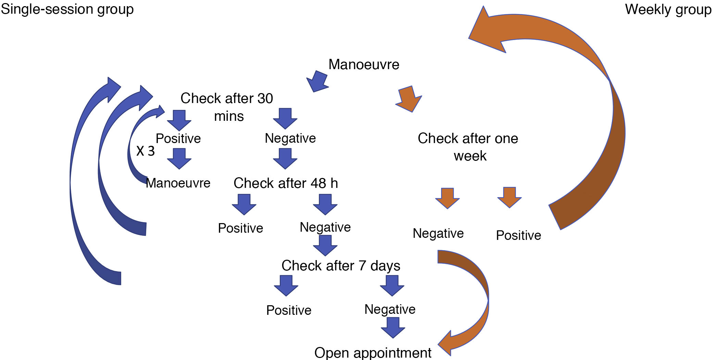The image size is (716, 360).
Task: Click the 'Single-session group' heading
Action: click(x=67, y=9)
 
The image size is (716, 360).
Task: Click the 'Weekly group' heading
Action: click(x=668, y=10)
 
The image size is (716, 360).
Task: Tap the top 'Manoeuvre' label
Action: click(x=364, y=64)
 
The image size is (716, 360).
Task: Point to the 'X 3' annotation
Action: click(x=146, y=151)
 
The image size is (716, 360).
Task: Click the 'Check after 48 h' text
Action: click(x=286, y=183)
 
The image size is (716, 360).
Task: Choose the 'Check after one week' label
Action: click(x=468, y=147)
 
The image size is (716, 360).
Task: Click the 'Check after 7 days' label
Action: click(x=341, y=266)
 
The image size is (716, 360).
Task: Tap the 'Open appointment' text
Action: click(x=373, y=352)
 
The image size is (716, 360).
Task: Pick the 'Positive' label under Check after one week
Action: click(x=518, y=235)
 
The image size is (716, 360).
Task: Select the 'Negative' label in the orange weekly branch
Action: click(x=438, y=233)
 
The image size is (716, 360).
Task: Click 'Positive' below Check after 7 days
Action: click(x=289, y=310)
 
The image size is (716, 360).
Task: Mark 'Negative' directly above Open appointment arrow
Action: click(x=390, y=309)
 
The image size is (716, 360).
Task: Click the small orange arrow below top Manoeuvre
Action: click(x=409, y=99)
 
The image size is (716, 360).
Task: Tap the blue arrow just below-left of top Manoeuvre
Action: click(x=318, y=81)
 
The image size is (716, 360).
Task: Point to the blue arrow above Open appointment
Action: click(x=393, y=327)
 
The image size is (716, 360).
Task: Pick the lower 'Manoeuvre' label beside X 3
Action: click(x=178, y=183)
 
